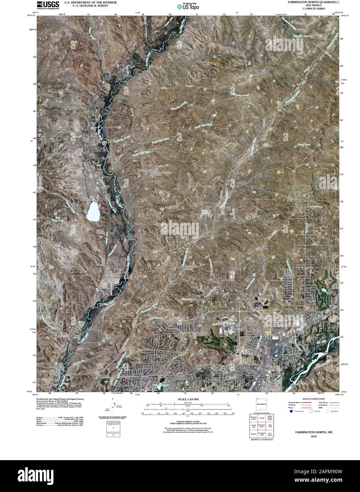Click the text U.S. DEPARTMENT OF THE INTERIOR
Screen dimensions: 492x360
pyautogui.click(x=86, y=2)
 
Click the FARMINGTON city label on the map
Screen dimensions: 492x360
pyautogui.click(x=213, y=382)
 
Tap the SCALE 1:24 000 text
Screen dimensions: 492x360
pyautogui.click(x=188, y=399)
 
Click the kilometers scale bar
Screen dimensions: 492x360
pyautogui.click(x=188, y=403)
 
